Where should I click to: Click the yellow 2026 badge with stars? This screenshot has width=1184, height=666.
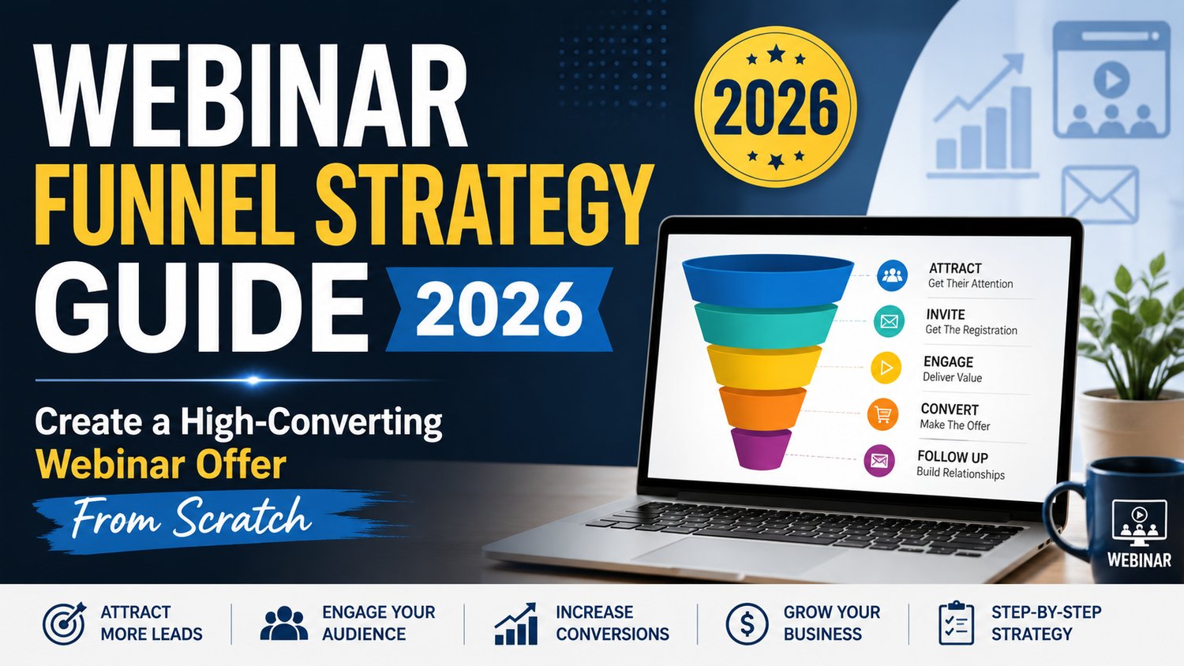pos(775,107)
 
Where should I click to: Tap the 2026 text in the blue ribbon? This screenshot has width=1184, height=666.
pos(499,310)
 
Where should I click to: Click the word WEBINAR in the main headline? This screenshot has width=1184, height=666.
pos(250,96)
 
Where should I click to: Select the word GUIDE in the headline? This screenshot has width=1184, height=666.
pos(200,307)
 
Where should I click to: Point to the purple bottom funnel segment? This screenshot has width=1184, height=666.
pos(761,448)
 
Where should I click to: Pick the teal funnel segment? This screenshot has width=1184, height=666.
pos(766,324)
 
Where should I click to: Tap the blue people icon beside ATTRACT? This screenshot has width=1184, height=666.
pos(892,275)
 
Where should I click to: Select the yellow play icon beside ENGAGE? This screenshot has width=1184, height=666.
pos(886,368)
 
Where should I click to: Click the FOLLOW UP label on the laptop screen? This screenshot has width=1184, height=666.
pos(953,456)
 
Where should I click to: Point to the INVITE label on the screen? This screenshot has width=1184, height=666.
pos(945,315)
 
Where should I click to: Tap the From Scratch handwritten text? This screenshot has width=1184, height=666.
pos(191,517)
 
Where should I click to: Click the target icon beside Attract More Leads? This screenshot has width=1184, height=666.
pos(64,623)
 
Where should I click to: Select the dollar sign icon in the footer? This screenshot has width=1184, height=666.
pos(747,623)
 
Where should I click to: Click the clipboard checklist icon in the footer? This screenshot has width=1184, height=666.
pos(956,623)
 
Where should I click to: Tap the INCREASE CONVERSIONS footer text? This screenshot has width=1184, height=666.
pos(612,623)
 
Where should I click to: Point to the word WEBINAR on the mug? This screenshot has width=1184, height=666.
pos(1139,559)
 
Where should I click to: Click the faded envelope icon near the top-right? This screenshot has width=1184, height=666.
pos(1100,194)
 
